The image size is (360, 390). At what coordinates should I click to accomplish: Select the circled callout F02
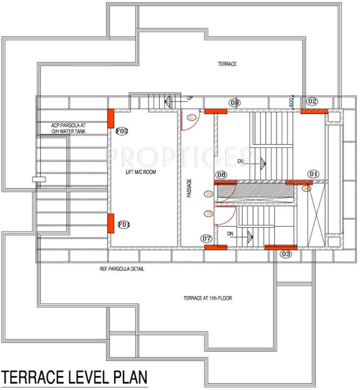[122, 131]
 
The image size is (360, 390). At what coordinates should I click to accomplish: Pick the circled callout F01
[123, 225]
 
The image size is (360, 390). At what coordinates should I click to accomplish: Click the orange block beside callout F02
[111, 118]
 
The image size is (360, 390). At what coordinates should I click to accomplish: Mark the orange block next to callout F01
[111, 224]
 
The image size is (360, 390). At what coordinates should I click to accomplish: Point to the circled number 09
[235, 103]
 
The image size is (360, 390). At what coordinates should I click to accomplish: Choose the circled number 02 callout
[313, 102]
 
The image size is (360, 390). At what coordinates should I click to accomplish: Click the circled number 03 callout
[286, 254]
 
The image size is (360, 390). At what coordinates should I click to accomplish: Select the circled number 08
[222, 175]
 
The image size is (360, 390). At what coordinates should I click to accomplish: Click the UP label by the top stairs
[190, 98]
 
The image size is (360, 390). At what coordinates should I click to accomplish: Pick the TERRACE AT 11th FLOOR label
[208, 298]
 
